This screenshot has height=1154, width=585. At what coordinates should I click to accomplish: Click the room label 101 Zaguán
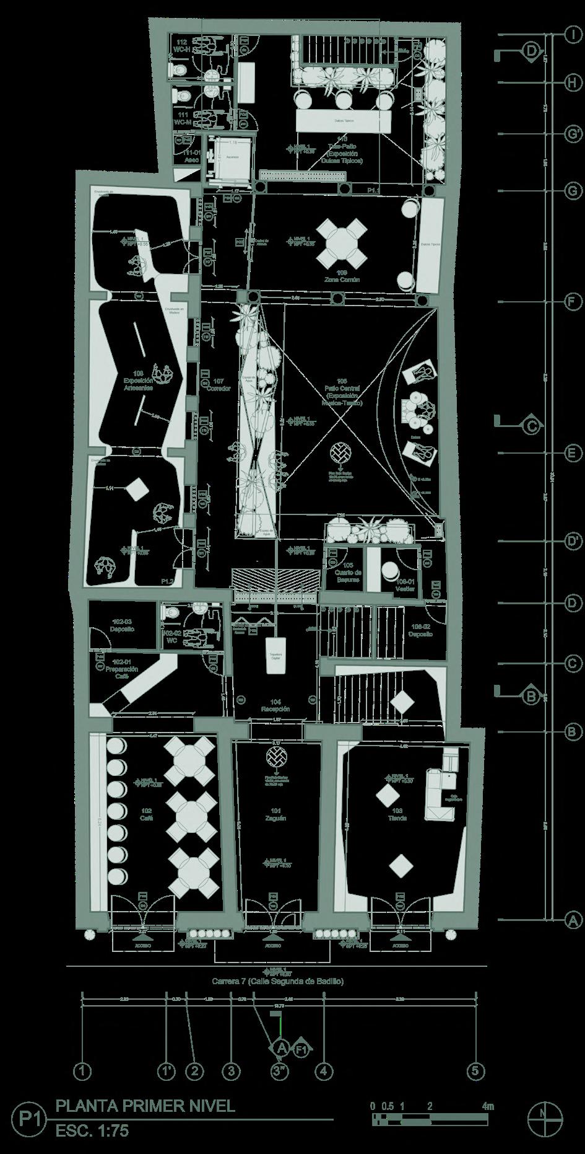(x=276, y=814)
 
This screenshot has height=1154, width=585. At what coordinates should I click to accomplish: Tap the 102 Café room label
(x=147, y=814)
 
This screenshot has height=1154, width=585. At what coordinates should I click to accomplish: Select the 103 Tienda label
(x=397, y=814)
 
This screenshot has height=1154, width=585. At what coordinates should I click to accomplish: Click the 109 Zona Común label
(x=342, y=276)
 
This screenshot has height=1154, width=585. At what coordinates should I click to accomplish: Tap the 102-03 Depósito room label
(x=123, y=625)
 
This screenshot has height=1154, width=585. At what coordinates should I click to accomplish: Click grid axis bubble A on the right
(x=574, y=920)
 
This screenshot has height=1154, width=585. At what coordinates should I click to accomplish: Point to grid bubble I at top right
(x=574, y=35)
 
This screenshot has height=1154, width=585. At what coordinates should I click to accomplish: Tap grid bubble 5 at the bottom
(x=477, y=1070)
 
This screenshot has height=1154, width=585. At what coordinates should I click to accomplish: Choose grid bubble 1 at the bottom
(x=82, y=1070)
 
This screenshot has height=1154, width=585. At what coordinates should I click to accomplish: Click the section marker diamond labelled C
(x=531, y=426)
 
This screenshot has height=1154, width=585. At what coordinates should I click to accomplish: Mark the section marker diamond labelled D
(x=531, y=51)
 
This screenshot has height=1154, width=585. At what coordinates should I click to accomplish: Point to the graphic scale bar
(x=430, y=1119)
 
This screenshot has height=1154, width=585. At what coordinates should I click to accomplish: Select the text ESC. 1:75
(x=92, y=1130)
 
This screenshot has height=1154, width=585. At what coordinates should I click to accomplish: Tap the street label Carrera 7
(x=277, y=981)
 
